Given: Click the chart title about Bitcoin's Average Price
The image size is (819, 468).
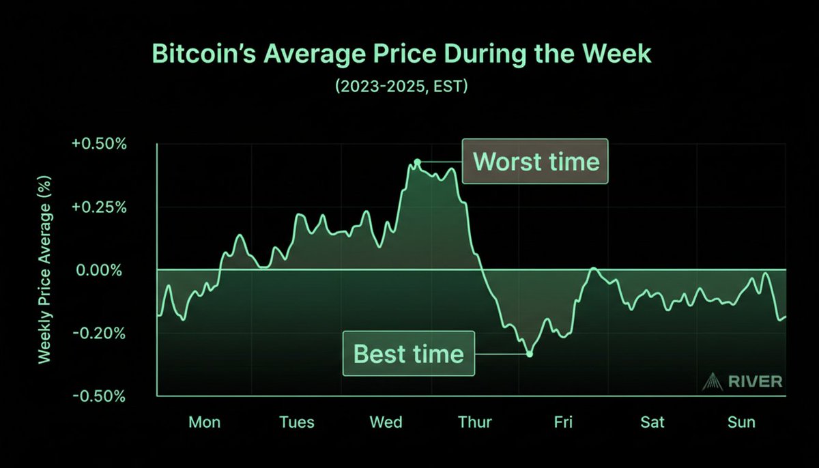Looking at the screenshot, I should [401, 54].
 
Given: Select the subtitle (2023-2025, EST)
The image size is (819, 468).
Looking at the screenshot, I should [401, 87].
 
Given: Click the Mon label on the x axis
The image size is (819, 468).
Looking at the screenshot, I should [205, 422].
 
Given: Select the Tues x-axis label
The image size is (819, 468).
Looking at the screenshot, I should [297, 422].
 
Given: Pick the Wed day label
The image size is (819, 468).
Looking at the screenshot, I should [386, 422].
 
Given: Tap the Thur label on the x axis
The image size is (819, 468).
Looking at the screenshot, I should [474, 422].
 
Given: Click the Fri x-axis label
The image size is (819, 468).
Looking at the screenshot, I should [563, 422].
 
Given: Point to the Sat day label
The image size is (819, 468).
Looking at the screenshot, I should [652, 422].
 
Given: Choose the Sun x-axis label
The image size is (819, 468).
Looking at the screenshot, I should [741, 422].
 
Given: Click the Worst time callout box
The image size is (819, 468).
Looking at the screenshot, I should [535, 162].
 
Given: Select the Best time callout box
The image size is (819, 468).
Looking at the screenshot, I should [408, 353].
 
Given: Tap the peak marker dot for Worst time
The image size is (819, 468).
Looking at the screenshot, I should [417, 162].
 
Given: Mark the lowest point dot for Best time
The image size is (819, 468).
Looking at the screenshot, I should [529, 353].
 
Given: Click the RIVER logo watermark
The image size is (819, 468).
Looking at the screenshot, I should [743, 381].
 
